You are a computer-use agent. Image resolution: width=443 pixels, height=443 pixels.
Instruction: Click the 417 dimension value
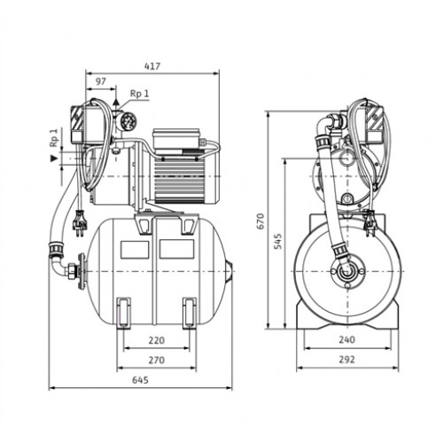[x=152, y=66]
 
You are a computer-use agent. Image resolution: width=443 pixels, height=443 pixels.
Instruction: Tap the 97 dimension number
[x=101, y=82]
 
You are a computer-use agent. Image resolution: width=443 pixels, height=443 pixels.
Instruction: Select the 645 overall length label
[x=140, y=380]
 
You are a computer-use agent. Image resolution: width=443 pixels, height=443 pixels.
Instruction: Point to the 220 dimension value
[x=156, y=340]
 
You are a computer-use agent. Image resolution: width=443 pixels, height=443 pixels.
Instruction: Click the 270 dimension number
[x=156, y=361]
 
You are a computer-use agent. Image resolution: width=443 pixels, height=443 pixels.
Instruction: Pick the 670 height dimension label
[x=260, y=221]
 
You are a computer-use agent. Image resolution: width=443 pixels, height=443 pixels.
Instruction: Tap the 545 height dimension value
[x=277, y=241]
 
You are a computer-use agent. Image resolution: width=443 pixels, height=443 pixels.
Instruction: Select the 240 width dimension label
[x=346, y=340]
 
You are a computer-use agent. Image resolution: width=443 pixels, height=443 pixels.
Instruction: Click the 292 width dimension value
[x=346, y=360]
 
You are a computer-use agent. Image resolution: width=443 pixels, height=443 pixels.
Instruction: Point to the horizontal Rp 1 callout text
[x=140, y=94]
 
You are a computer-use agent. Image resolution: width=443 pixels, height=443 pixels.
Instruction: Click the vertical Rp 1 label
[x=54, y=137]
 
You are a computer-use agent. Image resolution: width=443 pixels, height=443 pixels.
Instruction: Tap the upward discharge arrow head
[x=116, y=101]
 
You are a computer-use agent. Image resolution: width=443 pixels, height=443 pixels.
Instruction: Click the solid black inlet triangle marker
[x=53, y=159]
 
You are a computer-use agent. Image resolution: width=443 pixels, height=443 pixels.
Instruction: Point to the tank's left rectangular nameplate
[x=135, y=249]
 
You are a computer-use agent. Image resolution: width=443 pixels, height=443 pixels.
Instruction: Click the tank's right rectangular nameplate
[x=176, y=248]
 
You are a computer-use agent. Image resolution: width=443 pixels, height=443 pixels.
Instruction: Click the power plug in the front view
[x=369, y=223]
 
